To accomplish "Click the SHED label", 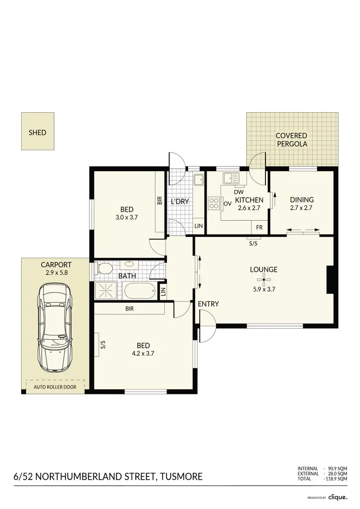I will [37, 132].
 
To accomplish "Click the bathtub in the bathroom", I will [140, 291].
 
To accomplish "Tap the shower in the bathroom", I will [107, 290].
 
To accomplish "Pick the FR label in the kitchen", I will [259, 227].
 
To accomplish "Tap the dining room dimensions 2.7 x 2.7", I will [301, 208].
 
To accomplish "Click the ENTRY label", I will [208, 304].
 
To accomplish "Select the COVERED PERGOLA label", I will [291, 140].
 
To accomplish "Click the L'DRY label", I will [180, 201].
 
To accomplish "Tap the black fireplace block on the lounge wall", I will [330, 280].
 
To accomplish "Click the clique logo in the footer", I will [338, 497].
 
